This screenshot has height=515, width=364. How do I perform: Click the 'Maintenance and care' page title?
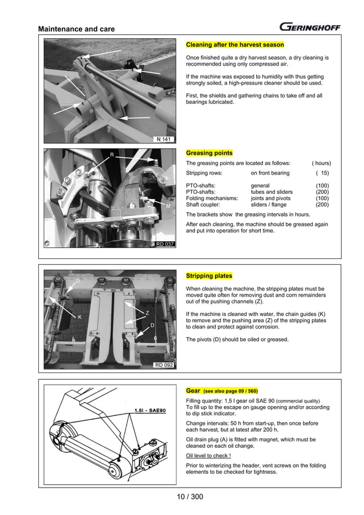(76, 29)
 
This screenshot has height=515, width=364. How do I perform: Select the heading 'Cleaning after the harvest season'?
(234, 44)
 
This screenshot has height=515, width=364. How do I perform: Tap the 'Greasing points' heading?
(209, 153)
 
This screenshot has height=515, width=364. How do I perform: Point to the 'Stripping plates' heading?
(209, 276)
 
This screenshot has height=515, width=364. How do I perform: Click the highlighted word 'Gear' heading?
(193, 391)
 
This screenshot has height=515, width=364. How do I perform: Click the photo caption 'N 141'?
(164, 139)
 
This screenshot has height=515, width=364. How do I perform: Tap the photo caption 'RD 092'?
(164, 365)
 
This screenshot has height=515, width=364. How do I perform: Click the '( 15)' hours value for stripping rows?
(322, 173)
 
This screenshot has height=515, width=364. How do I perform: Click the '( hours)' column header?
(321, 163)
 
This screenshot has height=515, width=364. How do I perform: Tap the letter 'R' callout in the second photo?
(112, 155)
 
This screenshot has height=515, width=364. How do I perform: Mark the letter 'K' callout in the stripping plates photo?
(80, 317)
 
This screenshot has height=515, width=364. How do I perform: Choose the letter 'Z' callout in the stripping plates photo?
(147, 313)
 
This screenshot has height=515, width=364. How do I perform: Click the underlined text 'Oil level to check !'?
(208, 456)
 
